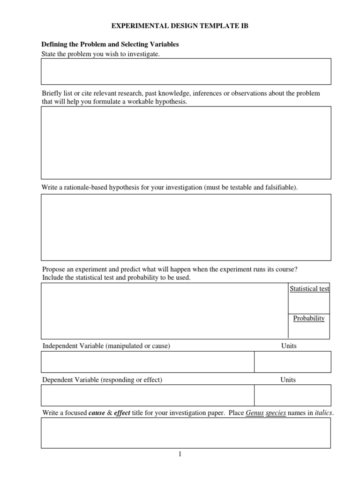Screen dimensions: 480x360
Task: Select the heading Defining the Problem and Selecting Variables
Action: click(x=110, y=45)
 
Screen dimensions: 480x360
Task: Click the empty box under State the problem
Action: click(x=186, y=71)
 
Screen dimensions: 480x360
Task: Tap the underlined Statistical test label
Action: click(x=309, y=289)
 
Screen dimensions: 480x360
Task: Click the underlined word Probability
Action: click(x=309, y=318)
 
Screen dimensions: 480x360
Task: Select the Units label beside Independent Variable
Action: click(x=289, y=346)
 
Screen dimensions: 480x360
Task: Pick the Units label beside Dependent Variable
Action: click(x=288, y=380)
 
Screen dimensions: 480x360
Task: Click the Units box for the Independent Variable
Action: click(x=292, y=362)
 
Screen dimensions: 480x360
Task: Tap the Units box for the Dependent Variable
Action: click(x=292, y=395)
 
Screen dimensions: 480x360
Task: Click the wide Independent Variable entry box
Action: click(x=147, y=362)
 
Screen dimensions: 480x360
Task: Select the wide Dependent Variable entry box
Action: click(x=147, y=395)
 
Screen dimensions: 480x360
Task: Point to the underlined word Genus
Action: click(x=255, y=413)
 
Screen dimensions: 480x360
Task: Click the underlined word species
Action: click(x=276, y=413)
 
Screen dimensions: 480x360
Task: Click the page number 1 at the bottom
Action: click(x=180, y=454)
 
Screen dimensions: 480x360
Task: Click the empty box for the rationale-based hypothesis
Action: click(x=186, y=227)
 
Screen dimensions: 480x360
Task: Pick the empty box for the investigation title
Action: click(x=186, y=433)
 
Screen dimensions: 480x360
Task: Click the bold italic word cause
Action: click(x=97, y=413)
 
